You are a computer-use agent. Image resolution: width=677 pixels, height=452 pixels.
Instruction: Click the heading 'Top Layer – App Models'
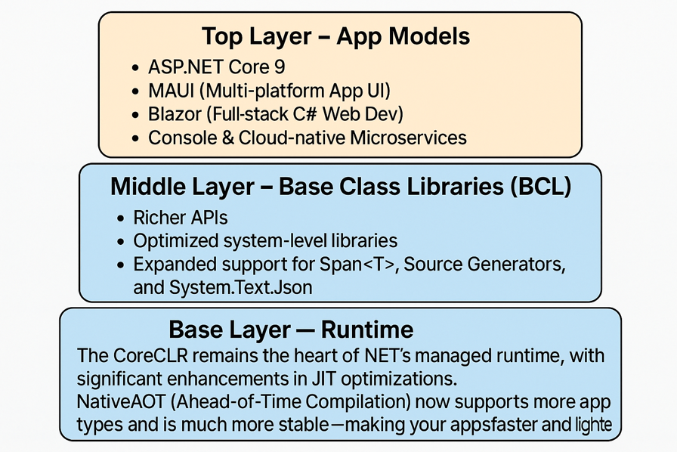pyautogui.click(x=335, y=36)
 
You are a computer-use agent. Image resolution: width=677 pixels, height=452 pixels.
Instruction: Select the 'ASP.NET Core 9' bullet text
pyautogui.click(x=216, y=67)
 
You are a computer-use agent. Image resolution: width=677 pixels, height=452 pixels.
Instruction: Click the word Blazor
pyautogui.click(x=175, y=114)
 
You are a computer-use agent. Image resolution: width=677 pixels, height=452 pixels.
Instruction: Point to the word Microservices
pyautogui.click(x=409, y=138)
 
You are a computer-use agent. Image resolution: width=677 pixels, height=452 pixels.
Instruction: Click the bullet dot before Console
pyautogui.click(x=135, y=139)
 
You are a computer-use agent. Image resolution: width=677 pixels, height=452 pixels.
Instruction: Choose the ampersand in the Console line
pyautogui.click(x=229, y=138)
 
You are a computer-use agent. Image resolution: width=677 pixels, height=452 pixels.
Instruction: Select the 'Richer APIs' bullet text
pyautogui.click(x=180, y=218)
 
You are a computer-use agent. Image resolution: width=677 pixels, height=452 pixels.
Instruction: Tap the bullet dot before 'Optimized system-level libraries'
pyautogui.click(x=120, y=242)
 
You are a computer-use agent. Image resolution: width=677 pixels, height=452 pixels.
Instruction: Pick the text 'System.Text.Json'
pyautogui.click(x=240, y=287)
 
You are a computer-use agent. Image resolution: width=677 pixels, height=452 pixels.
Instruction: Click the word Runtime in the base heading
pyautogui.click(x=367, y=330)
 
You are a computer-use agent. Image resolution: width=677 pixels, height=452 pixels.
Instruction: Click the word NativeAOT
pyautogui.click(x=121, y=401)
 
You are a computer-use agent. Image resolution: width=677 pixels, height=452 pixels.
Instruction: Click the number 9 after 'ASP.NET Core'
pyautogui.click(x=280, y=67)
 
